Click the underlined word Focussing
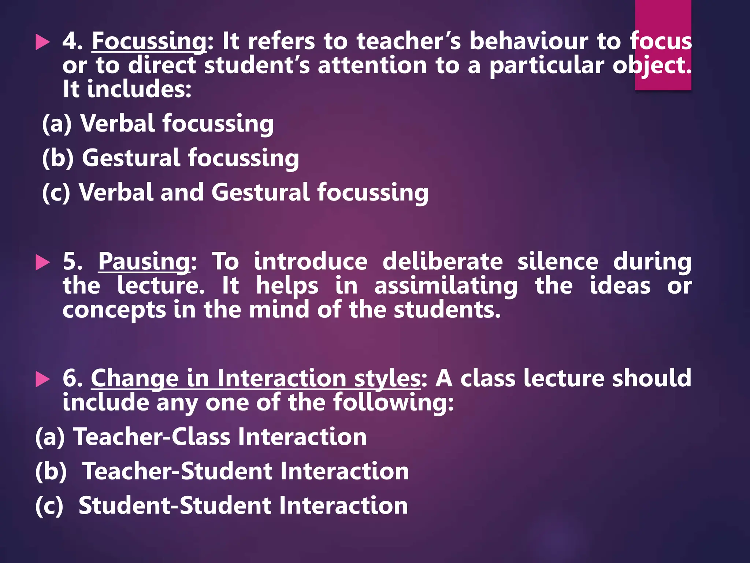(x=149, y=41)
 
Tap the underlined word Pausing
(x=144, y=262)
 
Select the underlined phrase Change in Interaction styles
(x=256, y=378)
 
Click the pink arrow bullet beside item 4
(x=42, y=42)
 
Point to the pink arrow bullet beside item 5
(x=42, y=263)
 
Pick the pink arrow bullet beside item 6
(x=42, y=379)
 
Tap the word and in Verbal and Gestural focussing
(x=182, y=192)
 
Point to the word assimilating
(x=446, y=286)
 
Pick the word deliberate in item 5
(x=442, y=262)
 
